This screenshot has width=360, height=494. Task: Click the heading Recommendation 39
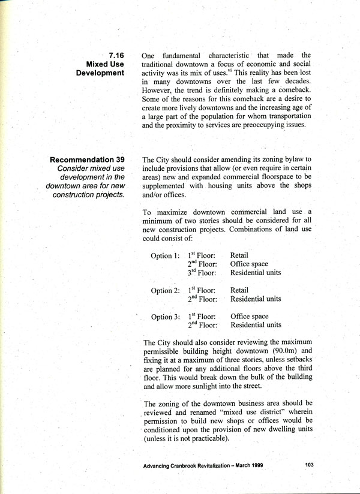(87, 160)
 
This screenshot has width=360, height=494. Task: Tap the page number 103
(310, 465)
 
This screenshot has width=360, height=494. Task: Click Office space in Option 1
(249, 264)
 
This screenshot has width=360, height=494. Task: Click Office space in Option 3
(249, 317)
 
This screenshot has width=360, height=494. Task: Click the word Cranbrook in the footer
(193, 465)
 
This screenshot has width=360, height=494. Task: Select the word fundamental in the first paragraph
(187, 55)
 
